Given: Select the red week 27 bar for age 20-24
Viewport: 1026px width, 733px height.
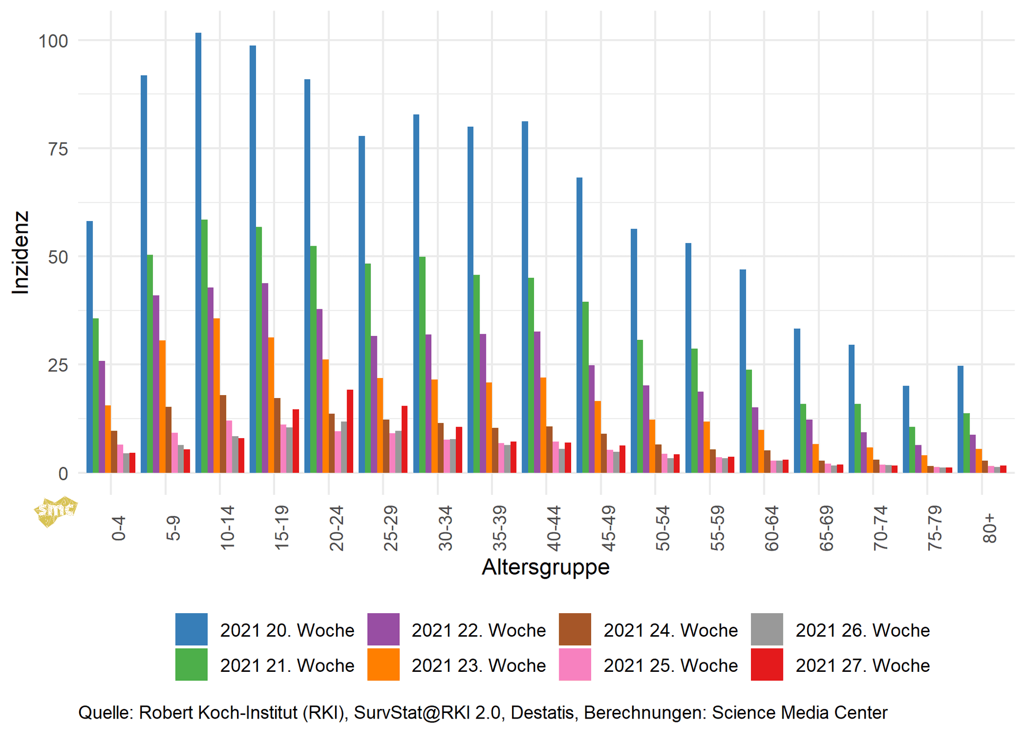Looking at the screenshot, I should coord(350,431).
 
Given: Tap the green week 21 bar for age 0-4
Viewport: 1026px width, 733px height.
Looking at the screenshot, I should coord(96,396).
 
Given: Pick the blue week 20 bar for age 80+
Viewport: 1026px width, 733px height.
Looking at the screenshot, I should coord(960,419).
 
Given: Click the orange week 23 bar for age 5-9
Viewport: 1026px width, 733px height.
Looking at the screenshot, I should coord(162,407).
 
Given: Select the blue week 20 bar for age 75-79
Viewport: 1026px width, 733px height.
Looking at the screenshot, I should coord(906,429).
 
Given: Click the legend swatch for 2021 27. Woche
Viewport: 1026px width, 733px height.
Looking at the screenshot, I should coord(766,664).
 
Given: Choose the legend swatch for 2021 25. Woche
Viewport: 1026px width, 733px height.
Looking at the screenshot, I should coord(575,664).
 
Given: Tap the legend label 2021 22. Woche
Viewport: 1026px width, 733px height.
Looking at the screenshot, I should coord(478,630).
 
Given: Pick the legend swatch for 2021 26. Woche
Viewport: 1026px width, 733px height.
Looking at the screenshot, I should coord(766,629).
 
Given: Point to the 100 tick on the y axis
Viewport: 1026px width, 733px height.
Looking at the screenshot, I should coord(53,41).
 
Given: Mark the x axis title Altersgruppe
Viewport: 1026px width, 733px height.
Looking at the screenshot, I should coord(546,567).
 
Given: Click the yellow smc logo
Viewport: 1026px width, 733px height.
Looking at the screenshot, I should coord(56,511).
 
